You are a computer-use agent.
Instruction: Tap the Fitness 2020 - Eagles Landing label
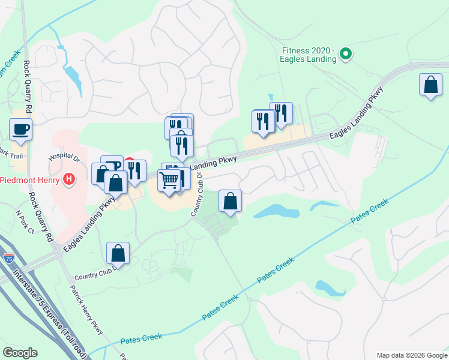coord(308,55)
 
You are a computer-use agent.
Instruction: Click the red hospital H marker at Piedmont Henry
coord(70,179)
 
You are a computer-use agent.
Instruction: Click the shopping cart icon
coord(169,179)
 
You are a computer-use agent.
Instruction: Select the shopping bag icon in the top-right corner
coord(430,85)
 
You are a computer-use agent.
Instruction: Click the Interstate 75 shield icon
coord(8,257)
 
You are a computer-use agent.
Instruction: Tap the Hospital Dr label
coord(64,157)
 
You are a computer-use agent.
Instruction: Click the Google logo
coord(20,353)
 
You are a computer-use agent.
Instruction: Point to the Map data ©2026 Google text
coord(411,355)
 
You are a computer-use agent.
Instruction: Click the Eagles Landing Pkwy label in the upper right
coord(357,114)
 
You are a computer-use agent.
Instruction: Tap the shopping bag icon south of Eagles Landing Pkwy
coord(230,201)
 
